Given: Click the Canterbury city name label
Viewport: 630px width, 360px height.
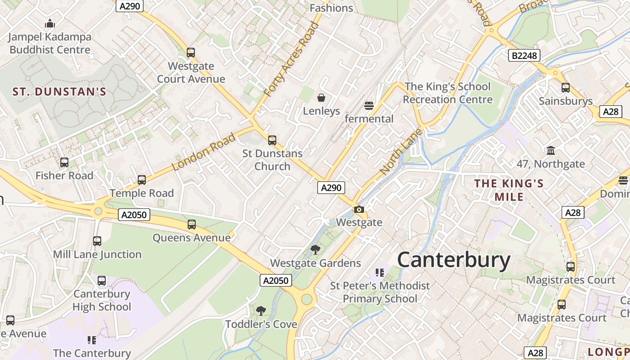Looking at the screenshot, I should click(454, 260).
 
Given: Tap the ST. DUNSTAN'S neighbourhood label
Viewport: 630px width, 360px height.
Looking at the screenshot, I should click(59, 92).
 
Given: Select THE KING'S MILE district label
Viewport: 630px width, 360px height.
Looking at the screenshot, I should click(509, 190).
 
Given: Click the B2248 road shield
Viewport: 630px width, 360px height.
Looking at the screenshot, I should click(524, 55).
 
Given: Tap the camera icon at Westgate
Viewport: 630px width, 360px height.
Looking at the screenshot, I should click(359, 209).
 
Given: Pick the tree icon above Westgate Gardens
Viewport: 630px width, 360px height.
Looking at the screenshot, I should click(315, 250).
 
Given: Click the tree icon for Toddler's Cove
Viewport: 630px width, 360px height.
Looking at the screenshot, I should click(261, 310).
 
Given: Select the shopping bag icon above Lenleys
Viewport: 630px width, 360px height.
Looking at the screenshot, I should click(321, 97).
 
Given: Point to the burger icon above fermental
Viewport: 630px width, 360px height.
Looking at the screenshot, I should click(369, 106).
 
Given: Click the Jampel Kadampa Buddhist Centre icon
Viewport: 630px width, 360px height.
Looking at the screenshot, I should click(50, 23).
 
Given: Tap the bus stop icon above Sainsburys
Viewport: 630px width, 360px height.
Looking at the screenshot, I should click(566, 88).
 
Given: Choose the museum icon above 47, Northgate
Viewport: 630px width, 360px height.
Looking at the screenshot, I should click(550, 151).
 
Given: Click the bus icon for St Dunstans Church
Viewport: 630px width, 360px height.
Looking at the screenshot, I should click(272, 140).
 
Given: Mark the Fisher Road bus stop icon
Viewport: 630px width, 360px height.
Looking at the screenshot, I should click(64, 162).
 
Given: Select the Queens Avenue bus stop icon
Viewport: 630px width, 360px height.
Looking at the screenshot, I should click(192, 224).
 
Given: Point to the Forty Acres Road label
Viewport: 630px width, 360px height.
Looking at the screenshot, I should click(291, 59).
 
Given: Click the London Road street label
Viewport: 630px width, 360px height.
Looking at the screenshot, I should click(204, 152).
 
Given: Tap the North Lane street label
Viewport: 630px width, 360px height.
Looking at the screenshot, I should click(401, 152).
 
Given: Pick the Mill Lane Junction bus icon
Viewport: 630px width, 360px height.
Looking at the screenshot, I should click(97, 241).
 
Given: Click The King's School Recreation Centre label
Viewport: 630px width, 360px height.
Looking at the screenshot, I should click(447, 93).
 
